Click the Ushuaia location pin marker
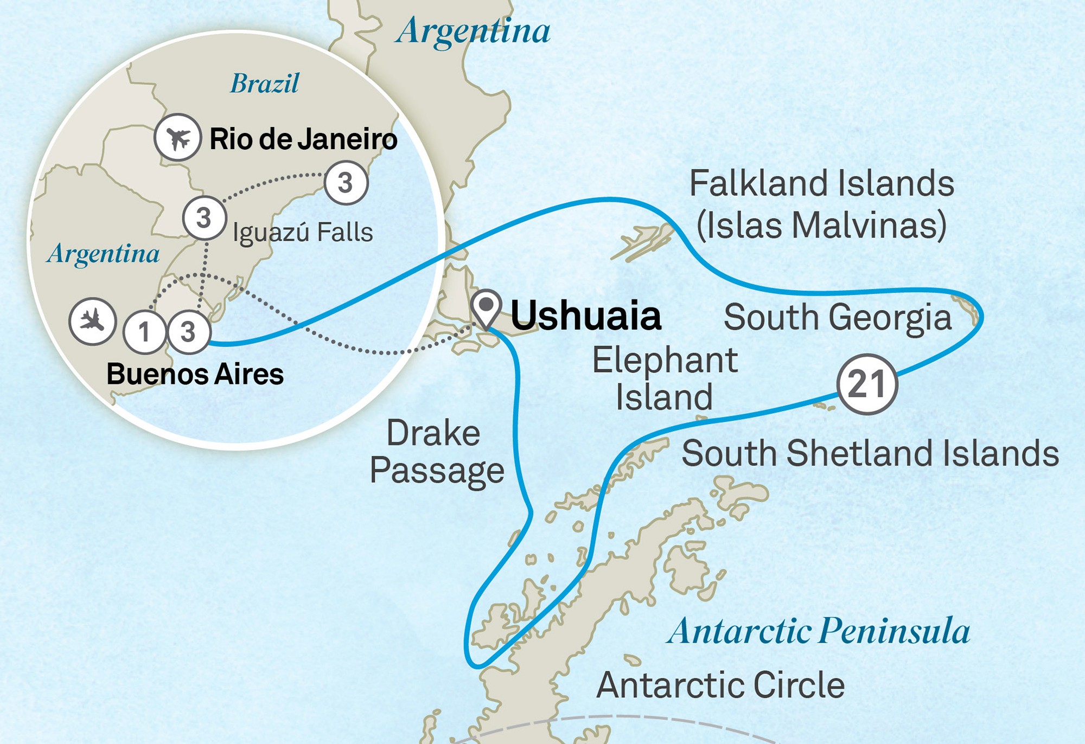point(486,307)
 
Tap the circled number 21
point(867,384)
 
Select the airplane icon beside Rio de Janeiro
point(178,137)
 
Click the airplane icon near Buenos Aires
point(93,321)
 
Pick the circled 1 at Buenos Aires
point(144,332)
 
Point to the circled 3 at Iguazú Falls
point(204,218)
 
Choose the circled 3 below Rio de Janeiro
point(346,183)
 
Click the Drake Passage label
point(437,451)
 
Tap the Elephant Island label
point(665,378)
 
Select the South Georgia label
point(838,317)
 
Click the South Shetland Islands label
point(870,453)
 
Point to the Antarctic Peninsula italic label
point(819,631)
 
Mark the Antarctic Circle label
point(720,685)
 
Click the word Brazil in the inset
point(264,84)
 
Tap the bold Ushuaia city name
point(586,316)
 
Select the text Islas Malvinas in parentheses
point(821,225)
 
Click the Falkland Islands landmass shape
point(646,242)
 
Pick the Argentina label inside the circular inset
point(103,254)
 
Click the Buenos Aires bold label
point(195,374)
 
